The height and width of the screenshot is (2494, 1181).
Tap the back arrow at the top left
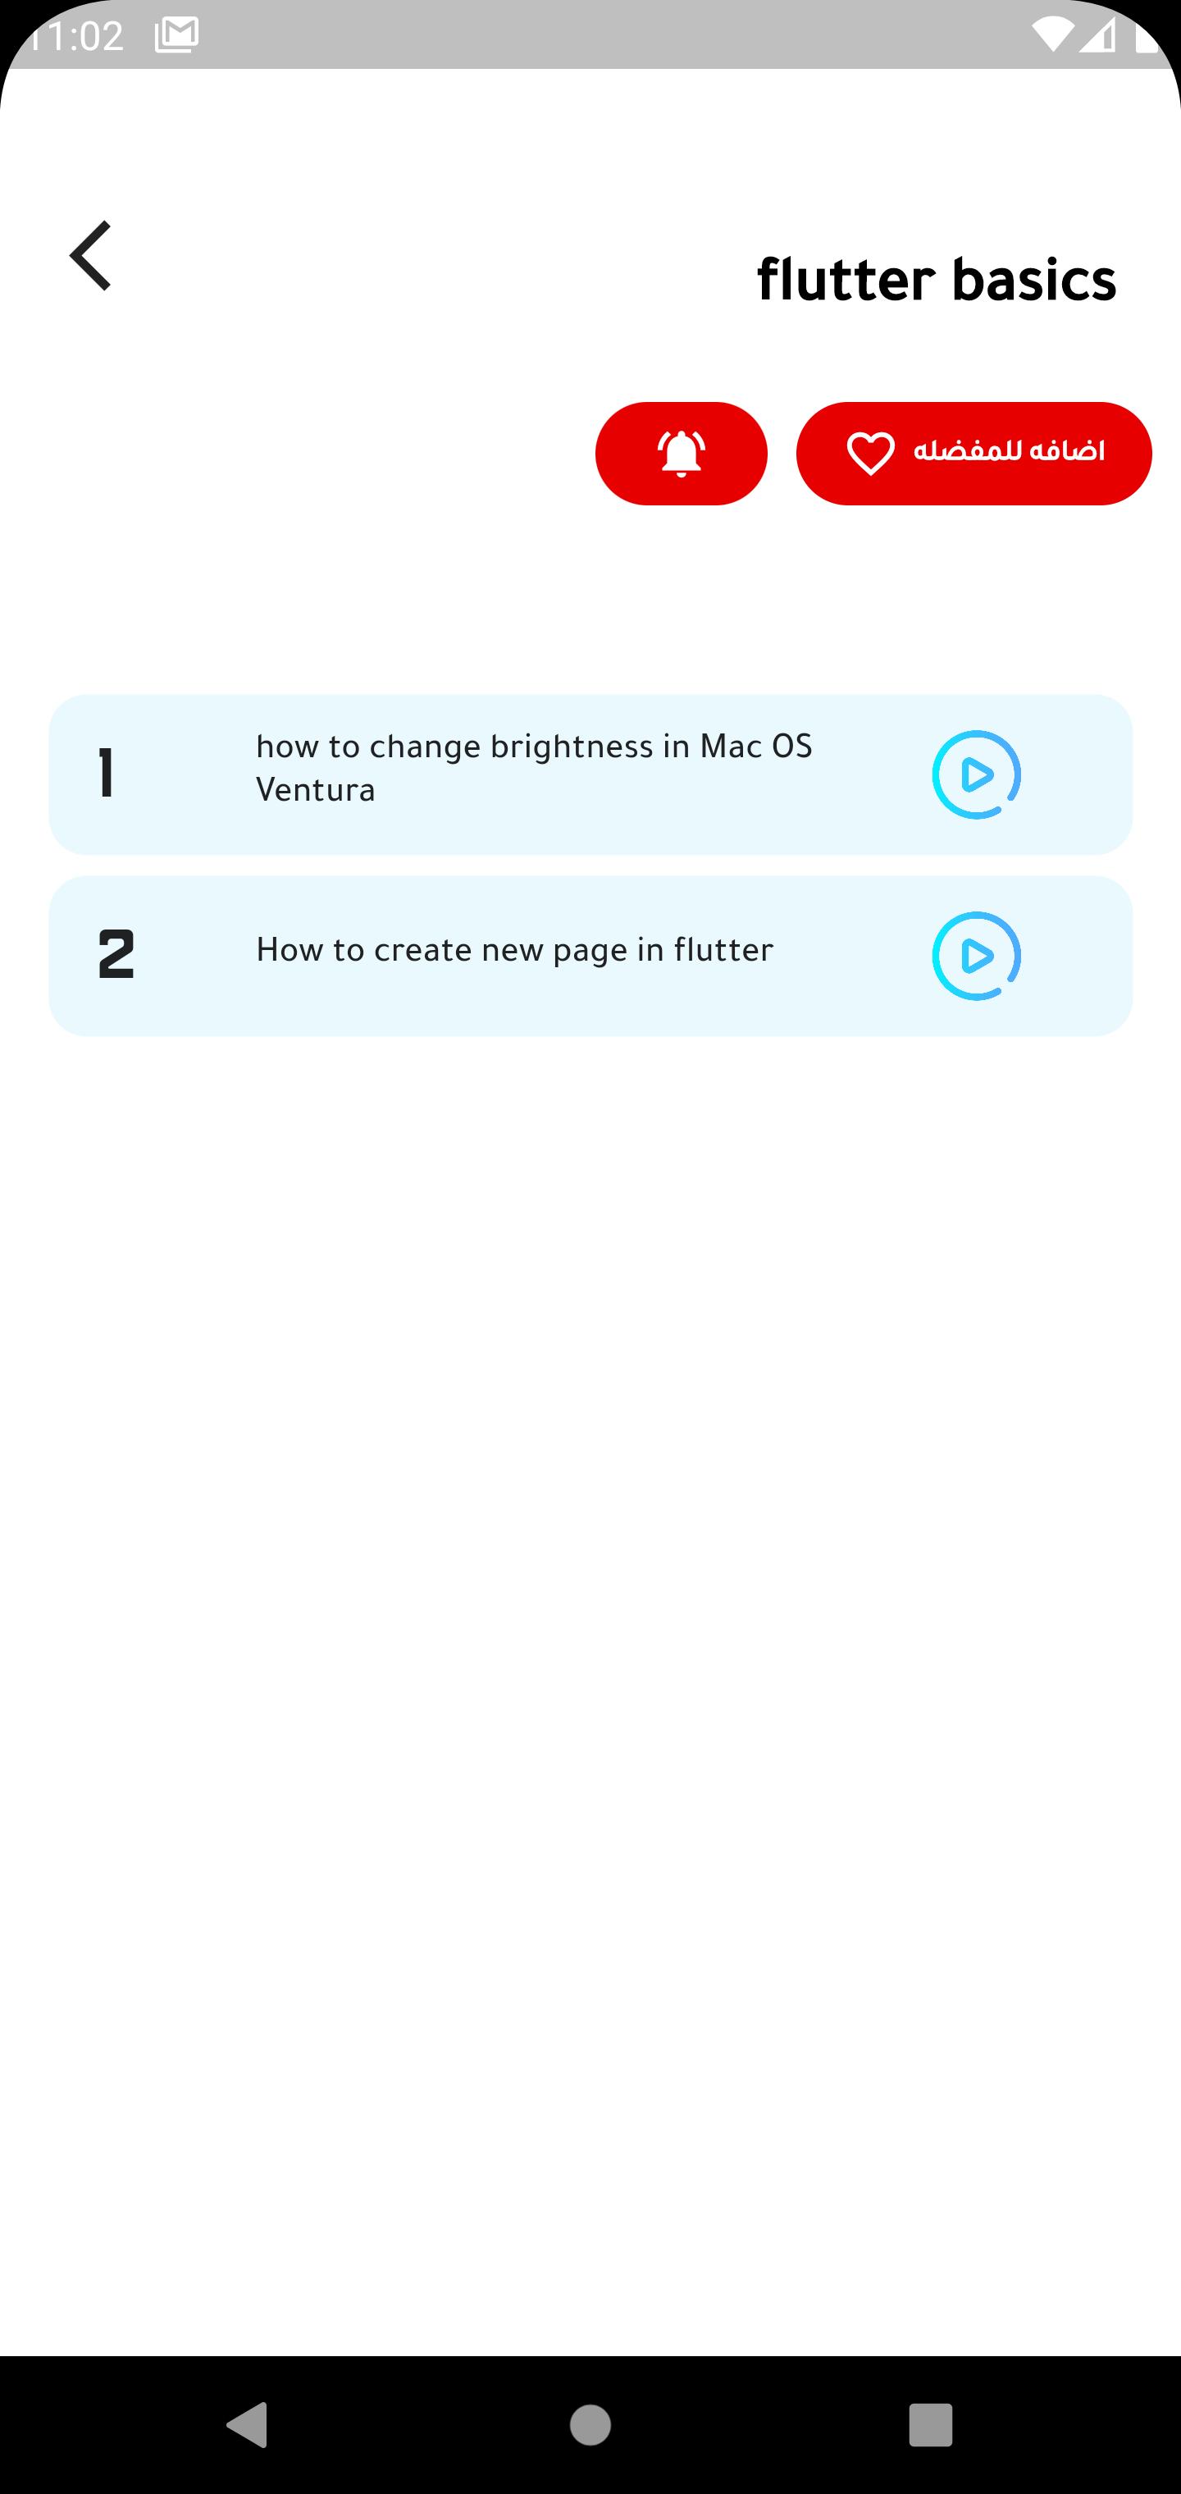click(90, 256)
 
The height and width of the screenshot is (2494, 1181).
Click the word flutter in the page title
click(845, 280)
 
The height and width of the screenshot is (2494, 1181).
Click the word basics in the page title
click(1034, 280)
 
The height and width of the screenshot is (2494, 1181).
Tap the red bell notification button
click(682, 453)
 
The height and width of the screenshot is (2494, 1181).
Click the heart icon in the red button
click(870, 454)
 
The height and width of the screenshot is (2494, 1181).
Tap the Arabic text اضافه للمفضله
click(1009, 451)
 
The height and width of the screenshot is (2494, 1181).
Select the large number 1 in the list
click(107, 774)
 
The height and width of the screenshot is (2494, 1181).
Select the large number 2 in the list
click(116, 955)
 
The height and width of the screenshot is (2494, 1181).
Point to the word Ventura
click(316, 791)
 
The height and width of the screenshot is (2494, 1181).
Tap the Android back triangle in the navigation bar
click(247, 2424)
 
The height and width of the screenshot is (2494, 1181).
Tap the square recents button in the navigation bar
click(930, 2425)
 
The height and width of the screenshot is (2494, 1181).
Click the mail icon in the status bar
click(176, 34)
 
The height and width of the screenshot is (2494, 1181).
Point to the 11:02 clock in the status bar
click(73, 36)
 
